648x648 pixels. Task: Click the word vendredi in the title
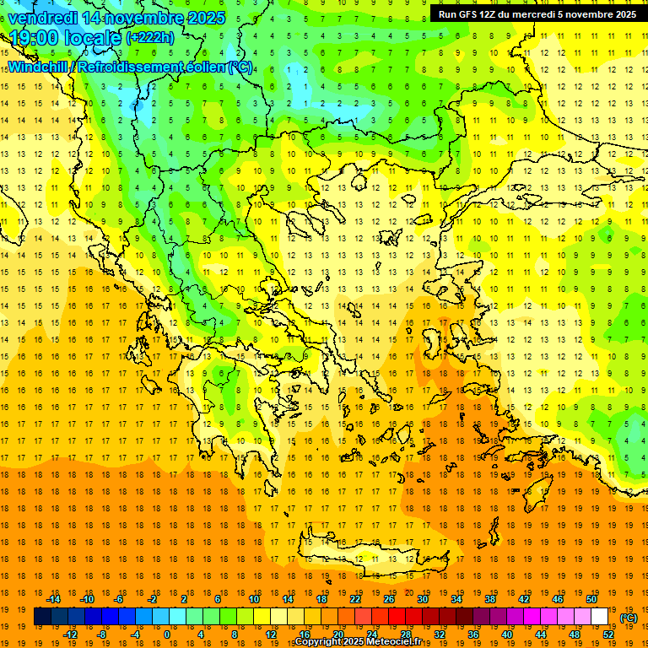(46, 18)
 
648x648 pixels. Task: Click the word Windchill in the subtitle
(37, 67)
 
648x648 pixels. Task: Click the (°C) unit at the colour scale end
(628, 617)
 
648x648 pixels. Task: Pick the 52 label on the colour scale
(608, 634)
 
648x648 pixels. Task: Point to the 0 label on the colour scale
(166, 634)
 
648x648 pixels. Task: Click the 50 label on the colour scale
(591, 599)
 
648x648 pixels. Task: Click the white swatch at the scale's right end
(600, 617)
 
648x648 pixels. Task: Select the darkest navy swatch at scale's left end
(42, 617)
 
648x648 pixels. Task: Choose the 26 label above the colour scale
(389, 599)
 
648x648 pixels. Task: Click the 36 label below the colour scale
(473, 634)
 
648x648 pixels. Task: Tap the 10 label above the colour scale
(254, 599)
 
